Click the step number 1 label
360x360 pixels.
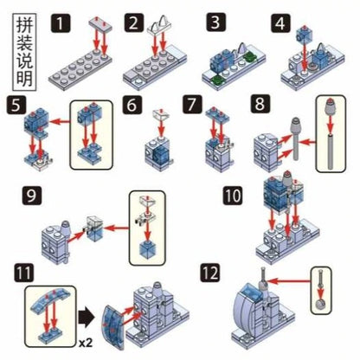tap(61, 22)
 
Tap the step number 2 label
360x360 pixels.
tap(134, 22)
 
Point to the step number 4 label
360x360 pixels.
tap(280, 22)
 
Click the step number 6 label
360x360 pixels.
tap(132, 105)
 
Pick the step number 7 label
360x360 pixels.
tap(192, 105)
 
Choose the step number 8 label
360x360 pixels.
tap(260, 104)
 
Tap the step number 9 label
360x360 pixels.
tap(32, 196)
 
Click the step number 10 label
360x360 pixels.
tap(233, 196)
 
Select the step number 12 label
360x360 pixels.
tap(210, 273)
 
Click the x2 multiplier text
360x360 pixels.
tap(86, 344)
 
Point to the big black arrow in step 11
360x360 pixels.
tap(86, 318)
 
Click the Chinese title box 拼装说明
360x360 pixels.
tap(24, 52)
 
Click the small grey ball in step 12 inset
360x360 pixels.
tap(321, 305)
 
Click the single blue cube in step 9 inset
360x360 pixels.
tap(147, 248)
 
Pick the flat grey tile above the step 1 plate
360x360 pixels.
tap(100, 25)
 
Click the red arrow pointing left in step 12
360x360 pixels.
tap(288, 280)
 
